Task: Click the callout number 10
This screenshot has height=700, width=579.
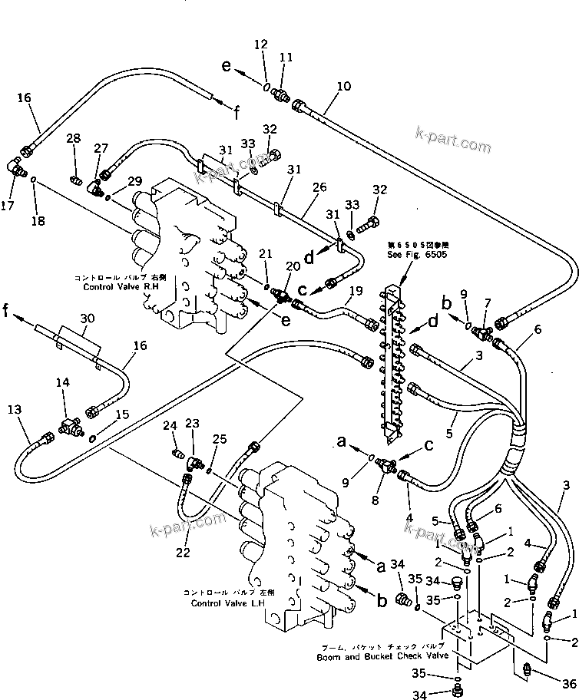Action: [x=342, y=87]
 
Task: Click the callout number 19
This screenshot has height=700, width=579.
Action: [x=356, y=291]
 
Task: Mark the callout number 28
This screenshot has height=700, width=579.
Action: [x=73, y=138]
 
